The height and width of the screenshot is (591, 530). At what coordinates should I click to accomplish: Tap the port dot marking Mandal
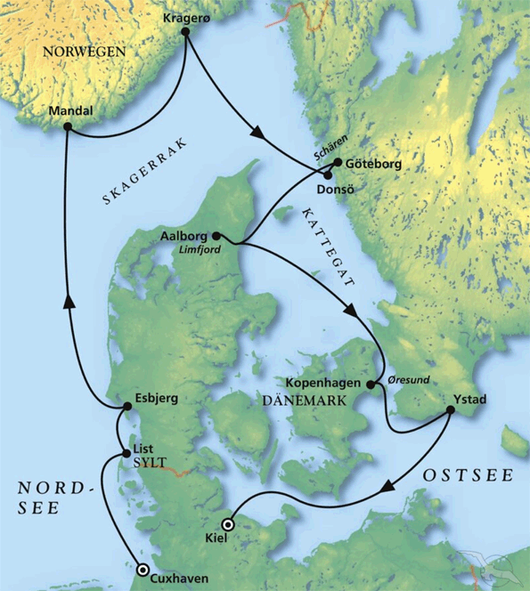coord(67,128)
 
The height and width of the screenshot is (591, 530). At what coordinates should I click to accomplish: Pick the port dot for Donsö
coord(329,176)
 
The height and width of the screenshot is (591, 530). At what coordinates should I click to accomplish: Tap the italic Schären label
coord(326,150)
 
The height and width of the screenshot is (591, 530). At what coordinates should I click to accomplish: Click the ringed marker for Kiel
coord(228,525)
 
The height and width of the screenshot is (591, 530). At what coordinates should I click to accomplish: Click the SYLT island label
coord(149,464)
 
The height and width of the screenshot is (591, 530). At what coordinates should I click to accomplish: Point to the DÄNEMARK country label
coord(298,401)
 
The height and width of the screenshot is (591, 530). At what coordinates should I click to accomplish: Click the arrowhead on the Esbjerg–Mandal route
coord(69,304)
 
